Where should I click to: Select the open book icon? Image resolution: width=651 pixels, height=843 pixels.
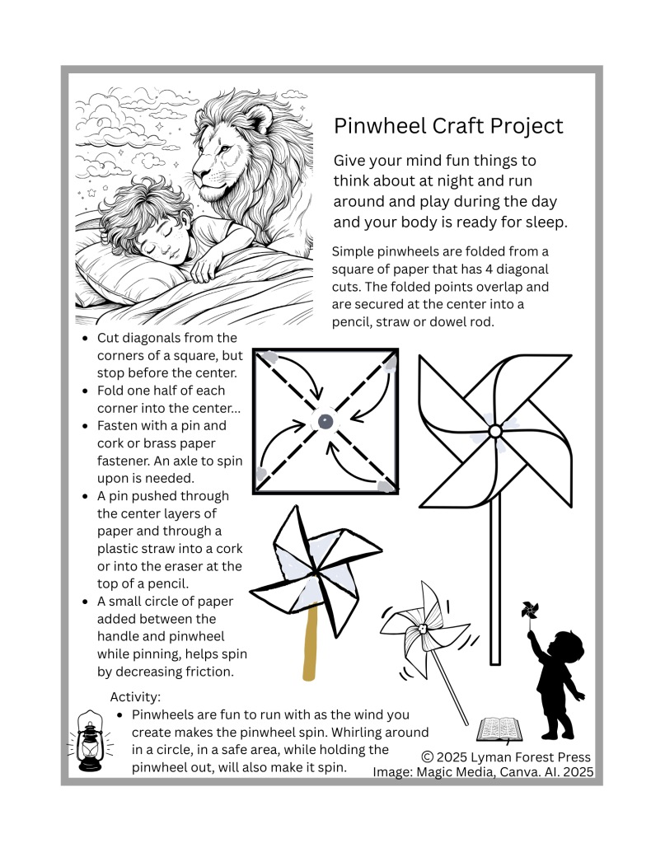[502, 728]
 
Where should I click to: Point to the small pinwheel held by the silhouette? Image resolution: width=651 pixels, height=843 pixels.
[529, 611]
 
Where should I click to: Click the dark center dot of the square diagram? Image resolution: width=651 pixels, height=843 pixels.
[325, 422]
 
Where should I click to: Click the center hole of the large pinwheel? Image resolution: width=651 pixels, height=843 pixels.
[494, 431]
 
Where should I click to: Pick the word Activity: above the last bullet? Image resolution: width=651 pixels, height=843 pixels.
[135, 697]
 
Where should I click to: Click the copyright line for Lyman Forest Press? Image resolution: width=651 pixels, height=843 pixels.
[505, 756]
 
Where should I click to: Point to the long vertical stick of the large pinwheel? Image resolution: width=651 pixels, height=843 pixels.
[494, 593]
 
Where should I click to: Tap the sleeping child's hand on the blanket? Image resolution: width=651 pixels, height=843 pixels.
[206, 268]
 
